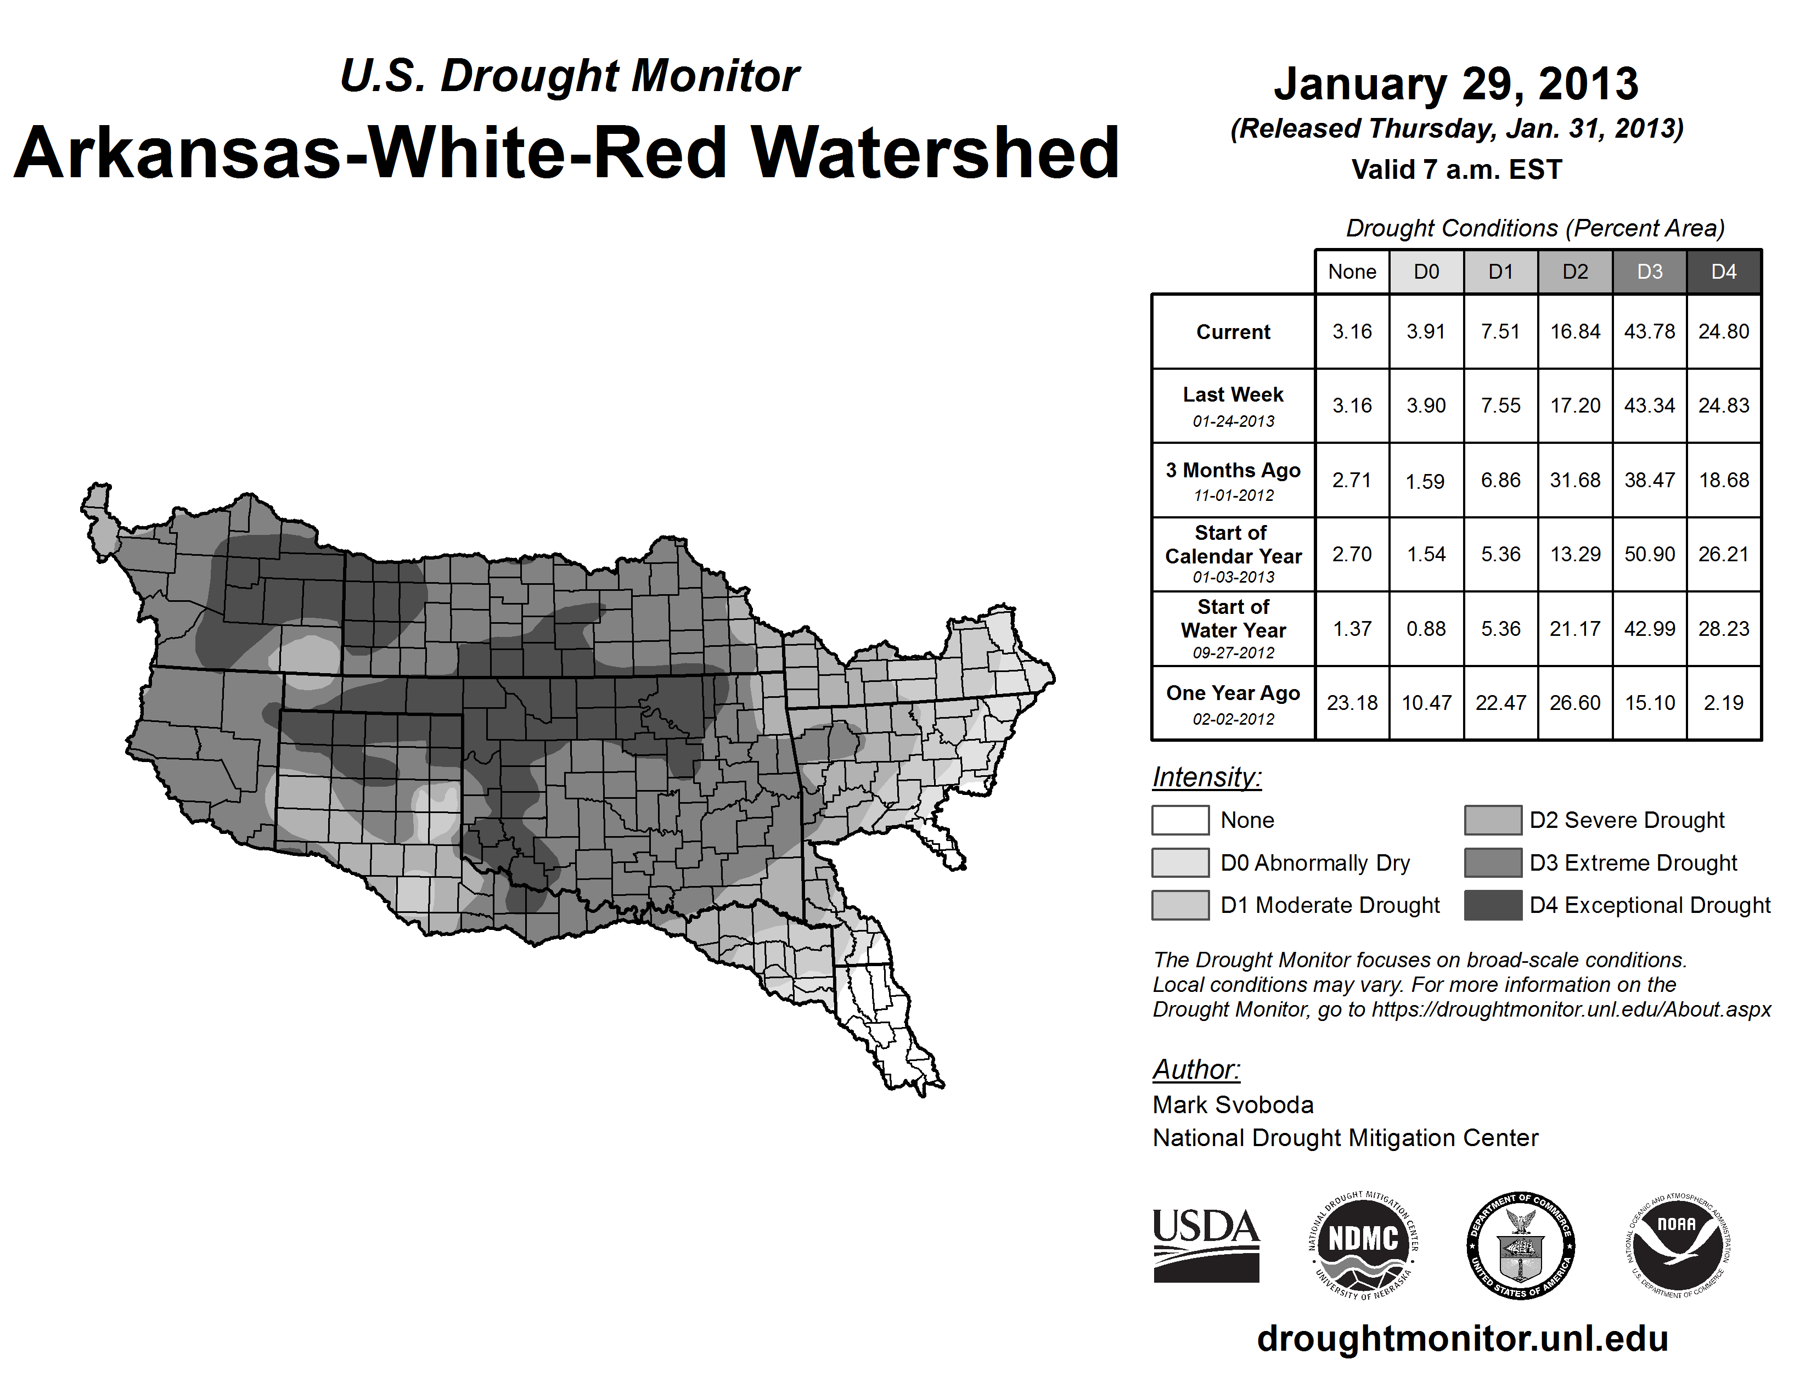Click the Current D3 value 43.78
1649,331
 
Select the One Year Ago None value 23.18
1352,703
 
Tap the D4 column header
1724,272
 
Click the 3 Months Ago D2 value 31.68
1574,480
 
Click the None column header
1352,272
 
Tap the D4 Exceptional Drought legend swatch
1493,905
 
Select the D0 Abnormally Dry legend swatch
1180,862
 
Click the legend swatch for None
1180,820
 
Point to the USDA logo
1206,1245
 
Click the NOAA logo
1678,1245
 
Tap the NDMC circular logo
1363,1245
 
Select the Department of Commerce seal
1521,1245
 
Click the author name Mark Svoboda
1233,1105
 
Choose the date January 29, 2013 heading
1456,84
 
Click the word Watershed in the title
935,153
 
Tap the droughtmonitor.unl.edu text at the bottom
1463,1339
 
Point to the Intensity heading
1206,777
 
